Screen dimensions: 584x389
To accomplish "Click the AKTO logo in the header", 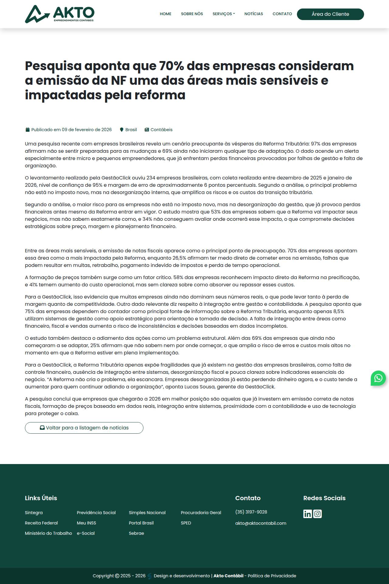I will coord(60,14).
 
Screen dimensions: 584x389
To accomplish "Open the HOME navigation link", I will coord(166,14).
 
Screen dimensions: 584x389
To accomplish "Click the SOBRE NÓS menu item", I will coord(192,14).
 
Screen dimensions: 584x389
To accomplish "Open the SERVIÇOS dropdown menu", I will coord(224,14).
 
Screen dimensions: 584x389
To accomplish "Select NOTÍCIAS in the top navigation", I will coord(253,14).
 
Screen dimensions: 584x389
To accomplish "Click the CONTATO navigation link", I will coord(282,14).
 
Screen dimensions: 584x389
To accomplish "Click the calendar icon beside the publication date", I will coord(27,130).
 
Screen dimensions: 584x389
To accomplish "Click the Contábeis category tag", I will coord(161,130).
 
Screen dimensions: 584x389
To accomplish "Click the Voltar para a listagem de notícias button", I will coord(84,428).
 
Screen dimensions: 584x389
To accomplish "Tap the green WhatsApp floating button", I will coord(378,378).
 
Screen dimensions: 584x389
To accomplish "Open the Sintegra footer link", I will coord(34,513).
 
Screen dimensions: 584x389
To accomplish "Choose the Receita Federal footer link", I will coord(41,523).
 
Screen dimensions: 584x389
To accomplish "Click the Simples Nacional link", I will coord(147,513).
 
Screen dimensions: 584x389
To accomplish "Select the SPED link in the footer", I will coord(186,523).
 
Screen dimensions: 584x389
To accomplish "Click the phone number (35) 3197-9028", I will coord(251,512).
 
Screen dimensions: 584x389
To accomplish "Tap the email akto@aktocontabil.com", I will coord(261,523).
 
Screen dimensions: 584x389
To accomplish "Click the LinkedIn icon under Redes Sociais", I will coord(308,514).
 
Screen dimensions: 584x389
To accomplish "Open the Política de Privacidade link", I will coord(272,576).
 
